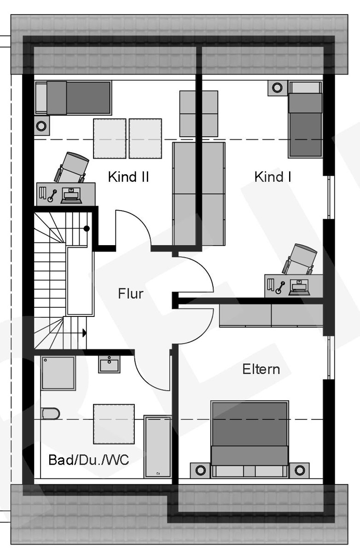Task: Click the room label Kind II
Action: point(128,177)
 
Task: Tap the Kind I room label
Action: point(273,177)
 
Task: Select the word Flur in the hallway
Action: point(130,293)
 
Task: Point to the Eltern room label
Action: point(261,369)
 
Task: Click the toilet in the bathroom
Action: point(50,413)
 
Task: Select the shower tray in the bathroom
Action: point(58,373)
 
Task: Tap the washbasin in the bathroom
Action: point(109,364)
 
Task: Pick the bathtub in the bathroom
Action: point(157,446)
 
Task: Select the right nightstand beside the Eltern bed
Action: point(300,470)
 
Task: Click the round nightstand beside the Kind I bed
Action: point(277,87)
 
